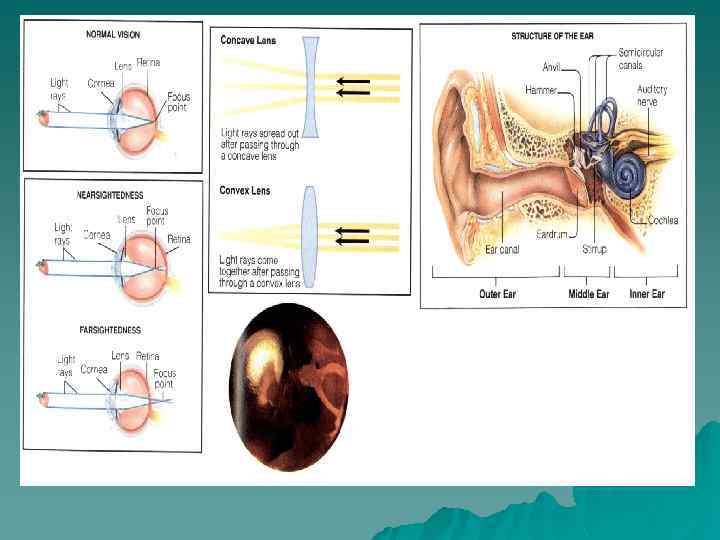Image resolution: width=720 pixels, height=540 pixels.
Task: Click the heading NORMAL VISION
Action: click(x=112, y=34)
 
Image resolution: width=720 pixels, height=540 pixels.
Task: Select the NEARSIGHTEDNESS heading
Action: click(x=112, y=194)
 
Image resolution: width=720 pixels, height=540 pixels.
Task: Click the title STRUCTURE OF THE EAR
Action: click(x=553, y=36)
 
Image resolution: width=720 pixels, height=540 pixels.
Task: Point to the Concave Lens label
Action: click(x=249, y=40)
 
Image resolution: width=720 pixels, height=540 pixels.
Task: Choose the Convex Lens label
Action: click(x=247, y=189)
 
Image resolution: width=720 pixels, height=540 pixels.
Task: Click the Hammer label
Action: click(x=541, y=90)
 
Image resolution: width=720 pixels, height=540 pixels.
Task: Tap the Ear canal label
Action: click(x=502, y=249)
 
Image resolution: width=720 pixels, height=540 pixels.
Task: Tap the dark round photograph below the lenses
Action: click(x=289, y=373)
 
